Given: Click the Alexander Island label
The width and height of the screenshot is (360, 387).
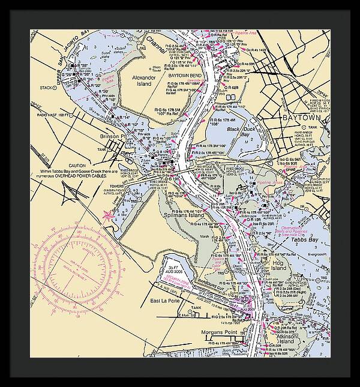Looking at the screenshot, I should pos(144,81).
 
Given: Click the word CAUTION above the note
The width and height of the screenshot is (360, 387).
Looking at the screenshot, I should pos(77,165).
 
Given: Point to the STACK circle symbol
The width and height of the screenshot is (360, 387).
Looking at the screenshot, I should pos(55,87).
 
